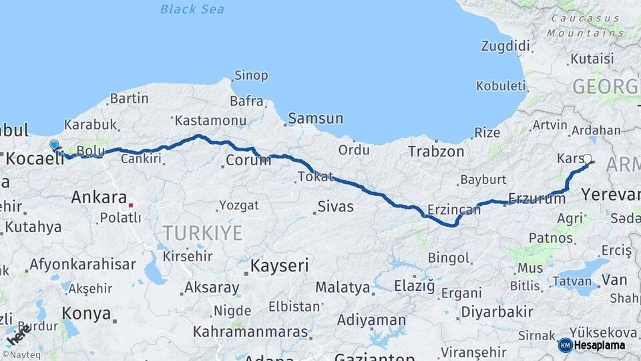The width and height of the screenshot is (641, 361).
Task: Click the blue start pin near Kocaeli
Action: pos(54,144)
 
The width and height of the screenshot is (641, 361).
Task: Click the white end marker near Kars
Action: pos(588,159)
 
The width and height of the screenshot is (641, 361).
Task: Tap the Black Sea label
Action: pos(192,9)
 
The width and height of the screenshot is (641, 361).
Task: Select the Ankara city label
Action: pos(99,197)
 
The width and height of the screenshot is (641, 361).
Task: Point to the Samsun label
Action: pos(315,119)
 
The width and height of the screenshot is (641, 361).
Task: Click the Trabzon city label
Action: pos(436,152)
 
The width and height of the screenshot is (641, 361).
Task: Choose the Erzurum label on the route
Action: pos(527,198)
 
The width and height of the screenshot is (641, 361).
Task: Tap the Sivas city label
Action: pos(335,206)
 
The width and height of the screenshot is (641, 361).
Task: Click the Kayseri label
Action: pos(279,265)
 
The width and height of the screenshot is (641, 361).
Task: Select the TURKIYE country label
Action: pos(203,233)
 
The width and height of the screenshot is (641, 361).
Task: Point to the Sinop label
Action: pos(251,76)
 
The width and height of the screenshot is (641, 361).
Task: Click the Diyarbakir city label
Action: pos(497,312)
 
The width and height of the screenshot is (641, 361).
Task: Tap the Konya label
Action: pos(86,313)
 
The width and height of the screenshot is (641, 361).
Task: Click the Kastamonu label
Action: pos(202,121)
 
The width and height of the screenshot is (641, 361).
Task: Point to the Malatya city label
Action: pos(343,287)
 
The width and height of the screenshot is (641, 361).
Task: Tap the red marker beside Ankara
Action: pos(132,205)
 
